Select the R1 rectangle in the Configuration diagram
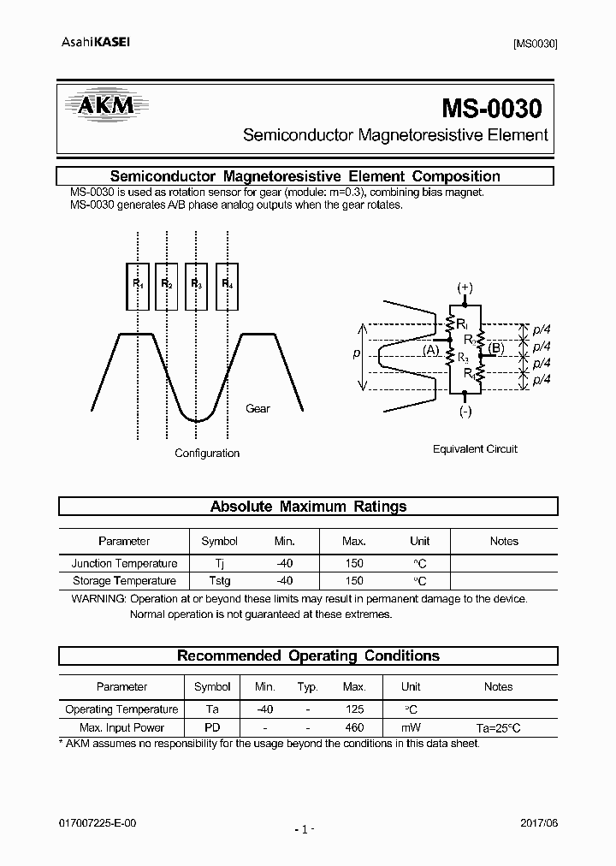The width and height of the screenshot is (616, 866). point(138,285)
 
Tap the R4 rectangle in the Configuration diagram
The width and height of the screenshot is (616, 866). point(228,285)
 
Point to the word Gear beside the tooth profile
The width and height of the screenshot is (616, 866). point(258,409)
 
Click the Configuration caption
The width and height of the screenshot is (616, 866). point(207,454)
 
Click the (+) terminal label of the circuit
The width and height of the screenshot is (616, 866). point(465,288)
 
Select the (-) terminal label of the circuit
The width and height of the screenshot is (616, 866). point(465,411)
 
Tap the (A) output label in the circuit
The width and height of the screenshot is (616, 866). point(431,350)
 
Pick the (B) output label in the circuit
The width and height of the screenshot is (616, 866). point(496,347)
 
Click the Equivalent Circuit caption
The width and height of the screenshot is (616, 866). point(475,449)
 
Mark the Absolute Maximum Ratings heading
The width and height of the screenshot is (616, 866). point(308,507)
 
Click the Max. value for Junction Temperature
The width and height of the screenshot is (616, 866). point(353,563)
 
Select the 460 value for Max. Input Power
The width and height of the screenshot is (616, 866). point(353,727)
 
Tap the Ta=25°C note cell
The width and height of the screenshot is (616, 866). point(498,727)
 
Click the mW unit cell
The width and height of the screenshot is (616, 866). point(411,727)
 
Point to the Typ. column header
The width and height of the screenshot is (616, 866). point(307,686)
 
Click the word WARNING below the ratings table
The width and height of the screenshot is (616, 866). point(98,599)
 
